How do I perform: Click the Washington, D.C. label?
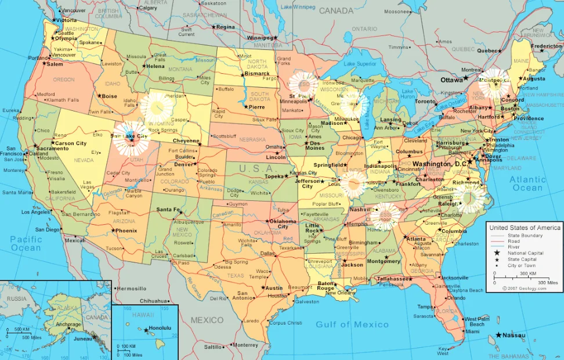point(439,164)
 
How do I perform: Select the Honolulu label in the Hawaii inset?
point(160,328)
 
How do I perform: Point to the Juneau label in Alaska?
point(83,339)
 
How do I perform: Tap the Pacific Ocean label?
point(26,243)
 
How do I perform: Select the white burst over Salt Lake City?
point(131,138)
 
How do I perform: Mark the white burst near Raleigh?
point(470,199)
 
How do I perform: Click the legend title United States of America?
point(525,228)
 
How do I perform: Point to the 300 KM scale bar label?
point(527,273)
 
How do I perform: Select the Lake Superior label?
point(360,64)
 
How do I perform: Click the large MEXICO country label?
point(207,320)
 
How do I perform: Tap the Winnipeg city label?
point(259,38)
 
